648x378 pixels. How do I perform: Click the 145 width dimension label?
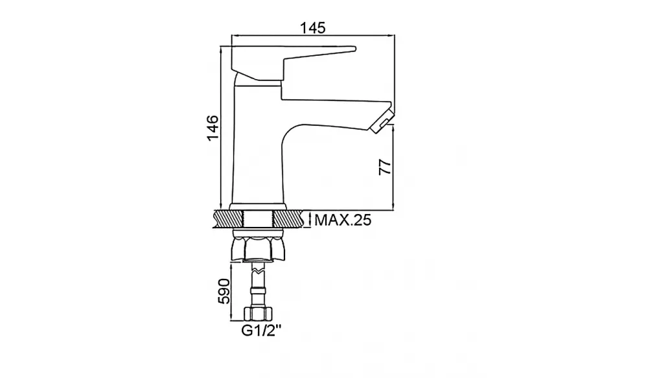click(x=313, y=28)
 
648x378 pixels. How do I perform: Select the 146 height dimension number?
click(x=213, y=128)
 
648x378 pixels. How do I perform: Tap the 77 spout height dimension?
click(x=385, y=167)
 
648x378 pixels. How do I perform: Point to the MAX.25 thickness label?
click(x=343, y=220)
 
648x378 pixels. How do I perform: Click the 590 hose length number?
click(x=224, y=291)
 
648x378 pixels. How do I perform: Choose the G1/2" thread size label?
click(x=261, y=331)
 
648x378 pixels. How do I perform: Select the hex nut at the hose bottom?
click(x=258, y=314)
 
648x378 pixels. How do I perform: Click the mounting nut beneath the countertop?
click(x=258, y=246)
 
